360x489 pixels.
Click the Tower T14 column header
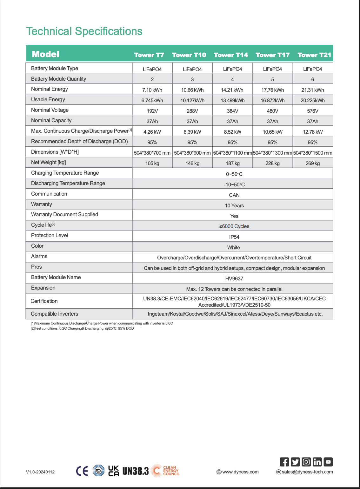point(231,55)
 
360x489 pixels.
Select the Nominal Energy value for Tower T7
point(152,90)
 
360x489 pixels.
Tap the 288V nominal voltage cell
point(192,111)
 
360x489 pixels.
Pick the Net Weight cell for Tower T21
point(312,163)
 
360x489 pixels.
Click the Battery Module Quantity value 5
point(272,79)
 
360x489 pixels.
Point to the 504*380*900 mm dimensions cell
point(192,153)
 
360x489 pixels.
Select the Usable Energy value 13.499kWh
point(232,100)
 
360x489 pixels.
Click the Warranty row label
point(42,204)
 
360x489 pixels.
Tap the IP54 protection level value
point(234,237)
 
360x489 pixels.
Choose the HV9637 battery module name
point(234,278)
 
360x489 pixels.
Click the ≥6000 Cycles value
point(234,226)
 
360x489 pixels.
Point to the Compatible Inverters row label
point(54,314)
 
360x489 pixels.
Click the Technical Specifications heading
point(84,31)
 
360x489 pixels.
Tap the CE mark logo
point(82,471)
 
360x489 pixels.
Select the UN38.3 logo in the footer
point(136,471)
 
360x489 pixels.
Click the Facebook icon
point(284,462)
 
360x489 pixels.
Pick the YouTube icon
point(328,462)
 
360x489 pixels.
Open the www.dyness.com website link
point(240,472)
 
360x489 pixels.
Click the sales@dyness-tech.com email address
point(307,472)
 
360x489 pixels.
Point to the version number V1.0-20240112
point(40,472)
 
